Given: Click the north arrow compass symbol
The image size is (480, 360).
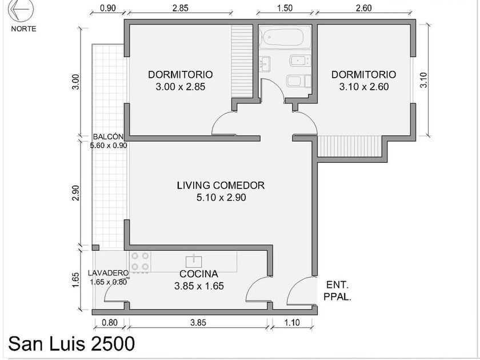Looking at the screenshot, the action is pyautogui.click(x=21, y=9).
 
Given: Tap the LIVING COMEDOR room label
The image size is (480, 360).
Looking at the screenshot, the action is pyautogui.click(x=221, y=185).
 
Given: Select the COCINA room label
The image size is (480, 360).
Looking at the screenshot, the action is pyautogui.click(x=199, y=273).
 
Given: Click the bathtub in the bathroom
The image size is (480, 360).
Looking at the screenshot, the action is pyautogui.click(x=281, y=37).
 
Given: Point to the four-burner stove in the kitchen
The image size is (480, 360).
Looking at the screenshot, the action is pyautogui.click(x=140, y=262).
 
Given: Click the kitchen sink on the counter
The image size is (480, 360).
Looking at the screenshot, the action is pyautogui.click(x=194, y=262).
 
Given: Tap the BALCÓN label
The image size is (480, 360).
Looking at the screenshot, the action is pyautogui.click(x=109, y=137).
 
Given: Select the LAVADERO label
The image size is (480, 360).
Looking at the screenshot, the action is pyautogui.click(x=108, y=273).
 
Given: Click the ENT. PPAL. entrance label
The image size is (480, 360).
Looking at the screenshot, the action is pyautogui.click(x=337, y=291).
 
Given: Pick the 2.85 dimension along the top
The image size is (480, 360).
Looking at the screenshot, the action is pyautogui.click(x=181, y=7).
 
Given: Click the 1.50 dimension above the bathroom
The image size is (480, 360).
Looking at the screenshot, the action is pyautogui.click(x=285, y=7).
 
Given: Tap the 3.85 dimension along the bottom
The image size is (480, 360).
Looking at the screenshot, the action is pyautogui.click(x=198, y=322).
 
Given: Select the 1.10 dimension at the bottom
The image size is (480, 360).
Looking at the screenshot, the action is pyautogui.click(x=292, y=322).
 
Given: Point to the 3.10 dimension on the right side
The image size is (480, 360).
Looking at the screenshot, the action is pyautogui.click(x=423, y=80).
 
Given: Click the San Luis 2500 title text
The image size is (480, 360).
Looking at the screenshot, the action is pyautogui.click(x=71, y=343).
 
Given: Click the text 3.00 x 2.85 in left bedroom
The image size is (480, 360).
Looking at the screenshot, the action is pyautogui.click(x=181, y=87).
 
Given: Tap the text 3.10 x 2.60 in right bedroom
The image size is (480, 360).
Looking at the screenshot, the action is pyautogui.click(x=364, y=87).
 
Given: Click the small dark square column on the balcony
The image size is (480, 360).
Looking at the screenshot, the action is pyautogui.click(x=95, y=247).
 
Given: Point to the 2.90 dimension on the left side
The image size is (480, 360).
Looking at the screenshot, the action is pyautogui.click(x=75, y=193).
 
